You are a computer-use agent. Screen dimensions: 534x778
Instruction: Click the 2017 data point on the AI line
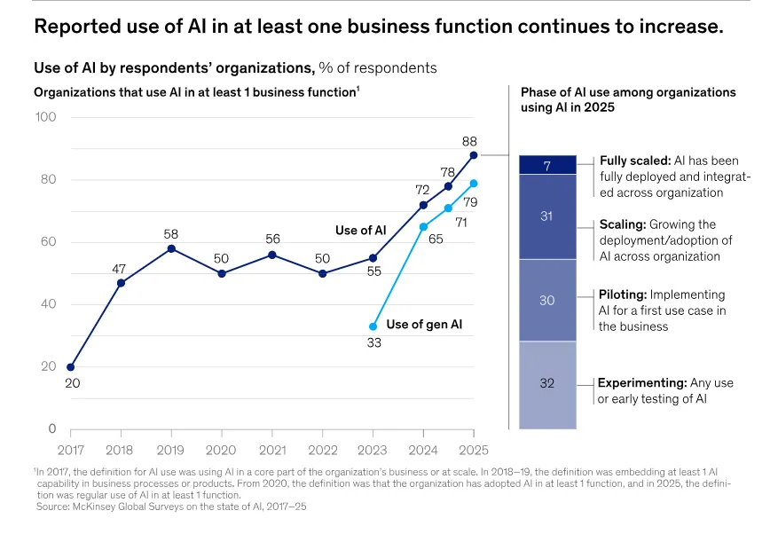[x=71, y=366]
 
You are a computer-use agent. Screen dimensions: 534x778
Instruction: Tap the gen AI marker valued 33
[x=373, y=326]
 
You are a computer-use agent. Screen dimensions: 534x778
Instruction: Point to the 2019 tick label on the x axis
[x=171, y=450]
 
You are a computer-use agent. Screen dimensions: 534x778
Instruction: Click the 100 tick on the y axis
[x=45, y=118]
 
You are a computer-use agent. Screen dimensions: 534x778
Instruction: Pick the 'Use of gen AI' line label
[x=424, y=326]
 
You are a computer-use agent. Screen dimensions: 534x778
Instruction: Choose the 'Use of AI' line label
[x=360, y=231]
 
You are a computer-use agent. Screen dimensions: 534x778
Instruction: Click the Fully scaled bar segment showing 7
[x=546, y=165]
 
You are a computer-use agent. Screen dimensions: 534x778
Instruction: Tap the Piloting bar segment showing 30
[x=546, y=301]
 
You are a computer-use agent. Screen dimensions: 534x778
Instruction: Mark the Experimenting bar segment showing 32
[x=546, y=384]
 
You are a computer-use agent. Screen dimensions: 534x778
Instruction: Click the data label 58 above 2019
[x=171, y=234]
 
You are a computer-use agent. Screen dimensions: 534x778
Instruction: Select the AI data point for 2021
[x=272, y=255]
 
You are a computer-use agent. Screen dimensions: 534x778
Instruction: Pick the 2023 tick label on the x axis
[x=373, y=450]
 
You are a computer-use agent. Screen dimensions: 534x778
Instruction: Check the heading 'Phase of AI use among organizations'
[x=628, y=92]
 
